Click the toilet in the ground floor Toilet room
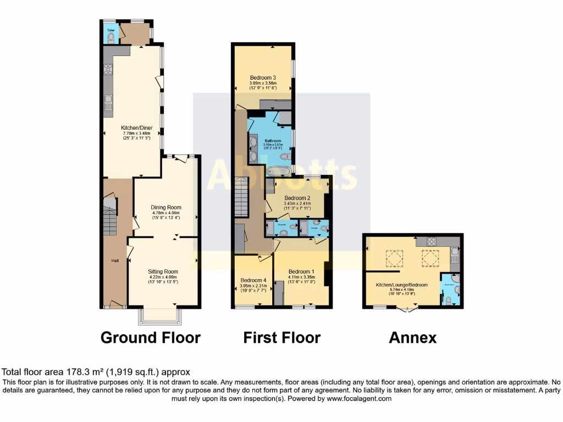[x=111, y=38]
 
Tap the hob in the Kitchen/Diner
[x=108, y=69]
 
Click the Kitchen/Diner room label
[x=137, y=127]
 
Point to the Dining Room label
[x=166, y=207]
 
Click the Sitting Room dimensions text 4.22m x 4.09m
[x=163, y=277]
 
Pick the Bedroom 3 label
[x=262, y=77]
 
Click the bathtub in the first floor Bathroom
[x=279, y=171]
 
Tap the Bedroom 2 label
[x=297, y=198]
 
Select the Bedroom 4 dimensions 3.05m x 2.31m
[x=253, y=286]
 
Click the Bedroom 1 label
[x=301, y=271]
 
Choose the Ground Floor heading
[x=150, y=337]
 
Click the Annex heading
[x=412, y=338]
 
